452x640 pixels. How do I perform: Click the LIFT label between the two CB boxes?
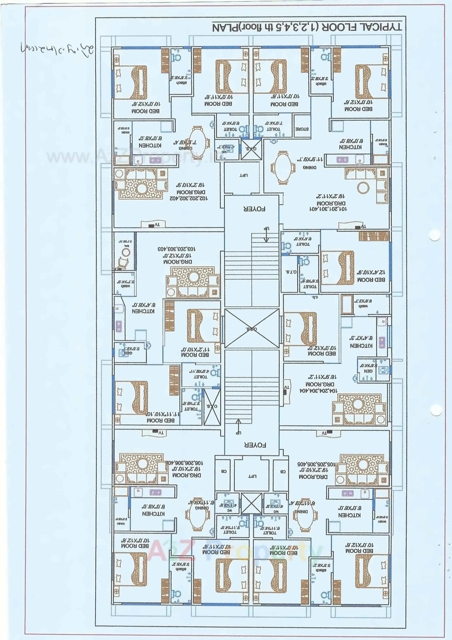click(253, 476)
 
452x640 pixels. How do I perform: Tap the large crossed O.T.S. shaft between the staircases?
click(252, 328)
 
